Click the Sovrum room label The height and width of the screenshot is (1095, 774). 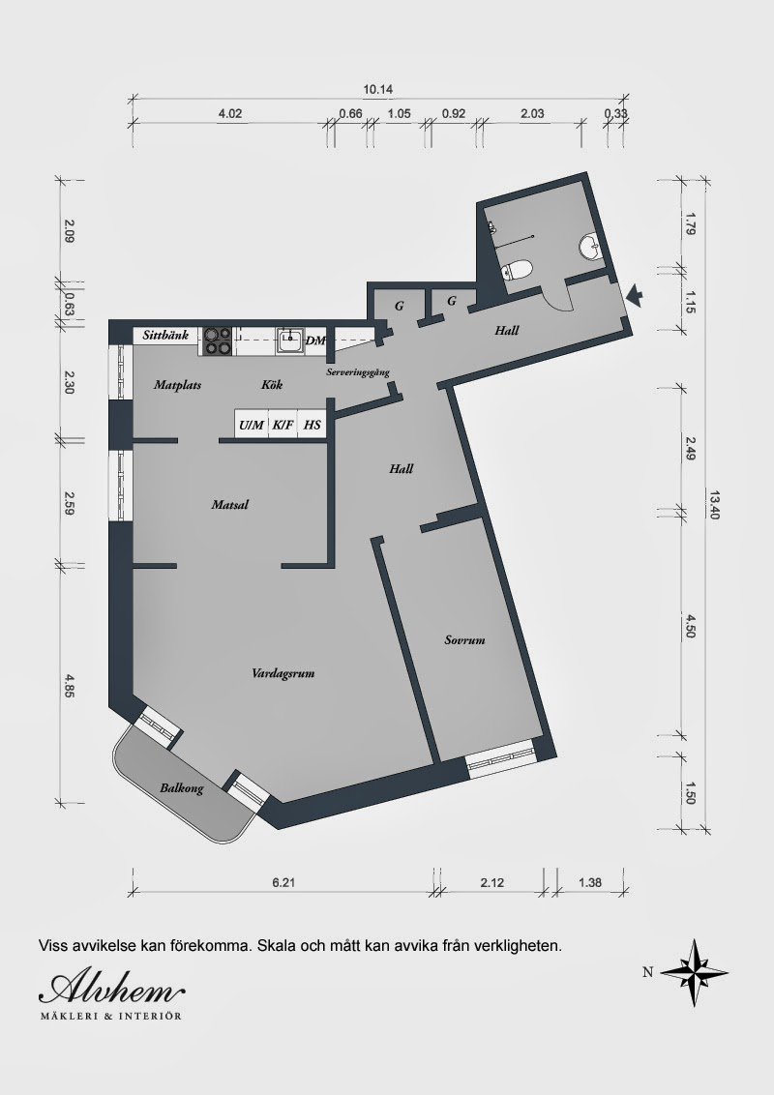tap(464, 639)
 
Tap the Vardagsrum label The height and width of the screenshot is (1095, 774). tap(283, 674)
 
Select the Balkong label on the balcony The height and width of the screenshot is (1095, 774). tap(182, 788)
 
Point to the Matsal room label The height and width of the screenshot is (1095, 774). tap(230, 504)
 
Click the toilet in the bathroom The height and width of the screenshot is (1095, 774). tap(518, 270)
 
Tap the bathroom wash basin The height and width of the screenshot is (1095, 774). tap(590, 248)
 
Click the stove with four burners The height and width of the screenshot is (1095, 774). tap(218, 341)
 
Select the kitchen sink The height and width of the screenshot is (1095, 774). tap(289, 341)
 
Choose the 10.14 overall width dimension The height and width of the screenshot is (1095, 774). tap(378, 89)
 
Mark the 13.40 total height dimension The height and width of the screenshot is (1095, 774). tap(713, 504)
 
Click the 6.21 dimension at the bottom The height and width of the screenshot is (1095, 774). tap(283, 883)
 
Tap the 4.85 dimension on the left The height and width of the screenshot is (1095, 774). tap(69, 685)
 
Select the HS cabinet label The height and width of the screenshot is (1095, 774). tap(313, 425)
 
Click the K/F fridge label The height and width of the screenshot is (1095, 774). tap(283, 425)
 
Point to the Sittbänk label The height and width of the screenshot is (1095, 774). tap(165, 336)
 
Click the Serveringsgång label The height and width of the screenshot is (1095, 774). tap(358, 373)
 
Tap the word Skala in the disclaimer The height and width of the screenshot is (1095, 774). tap(276, 946)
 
